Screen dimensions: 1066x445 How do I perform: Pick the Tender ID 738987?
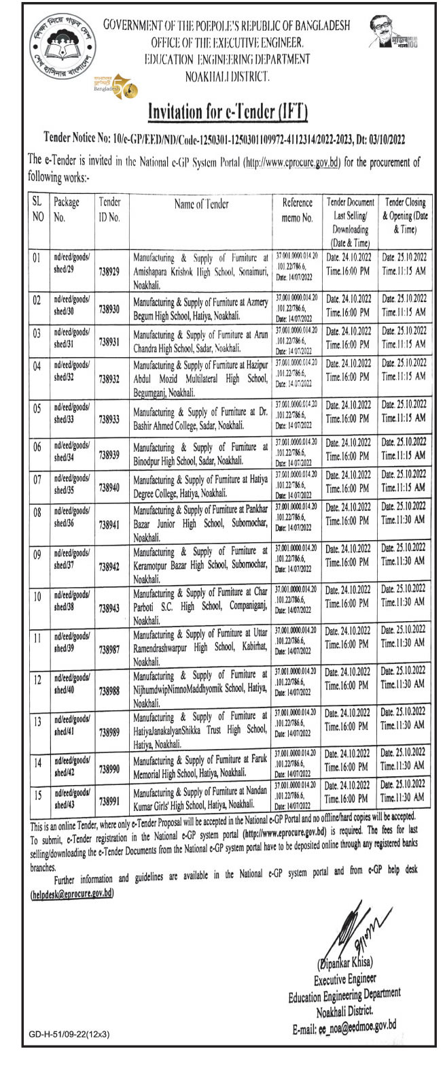coord(109,650)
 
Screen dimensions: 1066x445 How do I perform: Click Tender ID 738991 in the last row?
coord(109,801)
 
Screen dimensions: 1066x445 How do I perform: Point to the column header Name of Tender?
coord(202,203)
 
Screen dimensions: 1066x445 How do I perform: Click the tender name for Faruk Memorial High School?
coord(202,763)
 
